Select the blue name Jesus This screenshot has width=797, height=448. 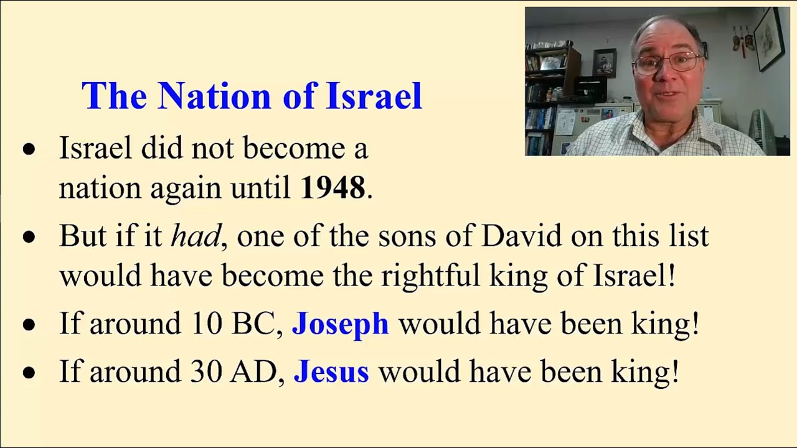pyautogui.click(x=331, y=371)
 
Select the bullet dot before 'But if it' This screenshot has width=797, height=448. pyautogui.click(x=29, y=237)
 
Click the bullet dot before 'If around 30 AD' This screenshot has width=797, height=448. pyautogui.click(x=29, y=372)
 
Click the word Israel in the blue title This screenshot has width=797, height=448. pyautogui.click(x=374, y=96)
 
